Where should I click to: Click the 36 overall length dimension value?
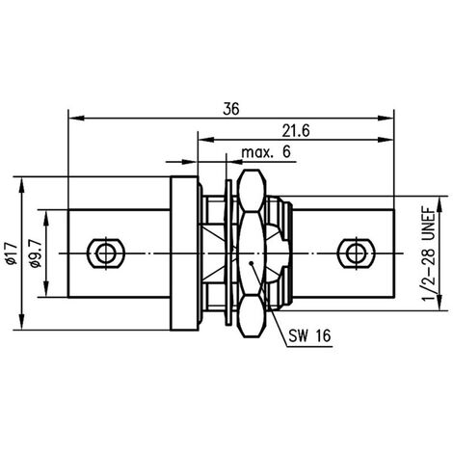[231, 109]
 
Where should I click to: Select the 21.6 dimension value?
[296, 131]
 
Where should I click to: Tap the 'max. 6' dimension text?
[266, 152]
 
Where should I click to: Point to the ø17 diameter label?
[12, 253]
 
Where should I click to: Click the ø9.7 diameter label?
[36, 253]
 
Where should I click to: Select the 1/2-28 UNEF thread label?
[429, 253]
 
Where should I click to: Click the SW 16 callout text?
[309, 336]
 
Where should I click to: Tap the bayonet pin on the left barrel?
[106, 253]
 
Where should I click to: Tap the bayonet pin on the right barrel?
[356, 253]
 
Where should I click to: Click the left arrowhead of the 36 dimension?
[76, 118]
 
